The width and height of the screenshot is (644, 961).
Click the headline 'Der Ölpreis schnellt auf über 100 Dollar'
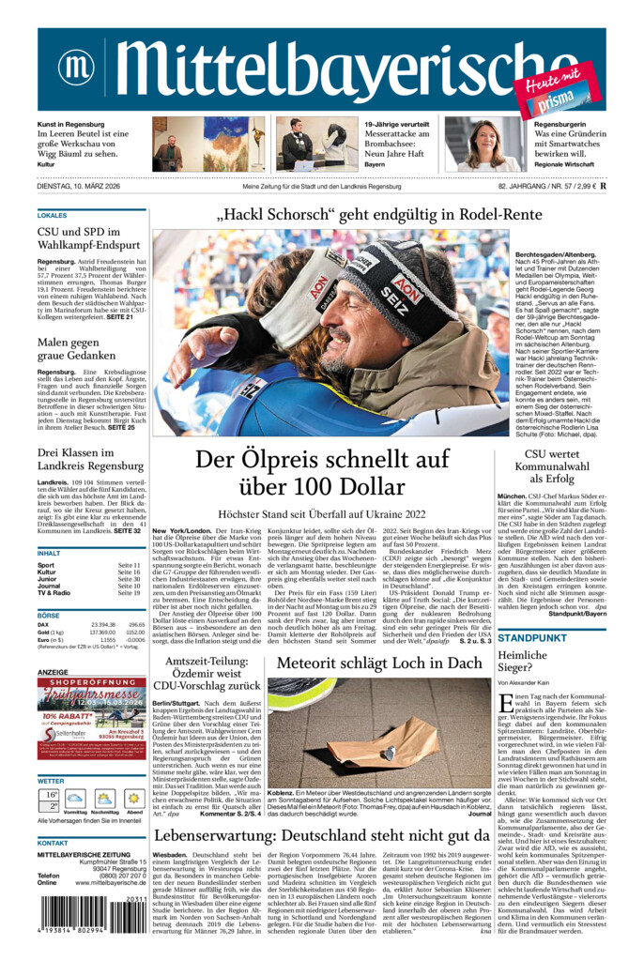pos(322,473)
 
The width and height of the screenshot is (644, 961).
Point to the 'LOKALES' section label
pos(53,215)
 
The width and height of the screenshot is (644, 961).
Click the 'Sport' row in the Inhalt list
pos(47,566)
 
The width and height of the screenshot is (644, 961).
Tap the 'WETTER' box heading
pos(52,780)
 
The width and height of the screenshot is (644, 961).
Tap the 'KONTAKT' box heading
pos(54,843)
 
